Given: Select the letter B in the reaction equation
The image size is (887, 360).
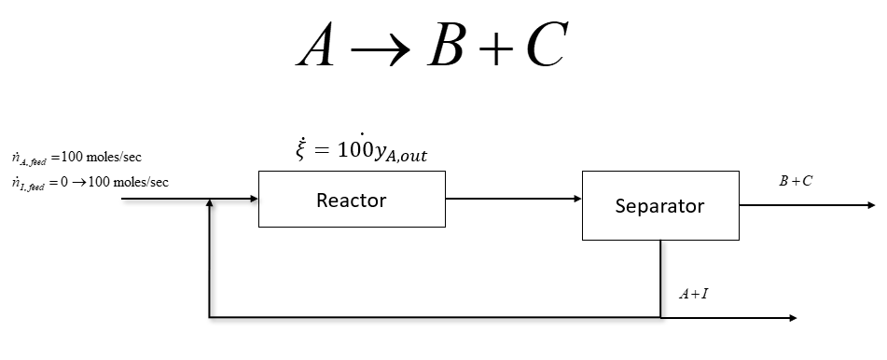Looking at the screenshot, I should [x=446, y=45].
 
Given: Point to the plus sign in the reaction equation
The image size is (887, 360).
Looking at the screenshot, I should [x=496, y=47].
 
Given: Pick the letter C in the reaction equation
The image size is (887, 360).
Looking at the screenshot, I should [x=547, y=45].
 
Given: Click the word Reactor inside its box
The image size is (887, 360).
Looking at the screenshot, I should [x=351, y=200].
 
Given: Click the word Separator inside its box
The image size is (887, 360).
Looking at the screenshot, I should [x=659, y=206].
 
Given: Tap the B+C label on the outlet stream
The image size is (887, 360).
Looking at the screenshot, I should [x=795, y=181].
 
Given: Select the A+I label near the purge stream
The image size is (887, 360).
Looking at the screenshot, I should [x=693, y=295].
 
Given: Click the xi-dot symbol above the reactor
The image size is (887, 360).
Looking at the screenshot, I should [x=299, y=152].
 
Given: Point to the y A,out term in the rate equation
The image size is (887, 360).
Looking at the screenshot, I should [x=397, y=155].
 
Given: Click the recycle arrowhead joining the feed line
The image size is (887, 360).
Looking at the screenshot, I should [x=210, y=204].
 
